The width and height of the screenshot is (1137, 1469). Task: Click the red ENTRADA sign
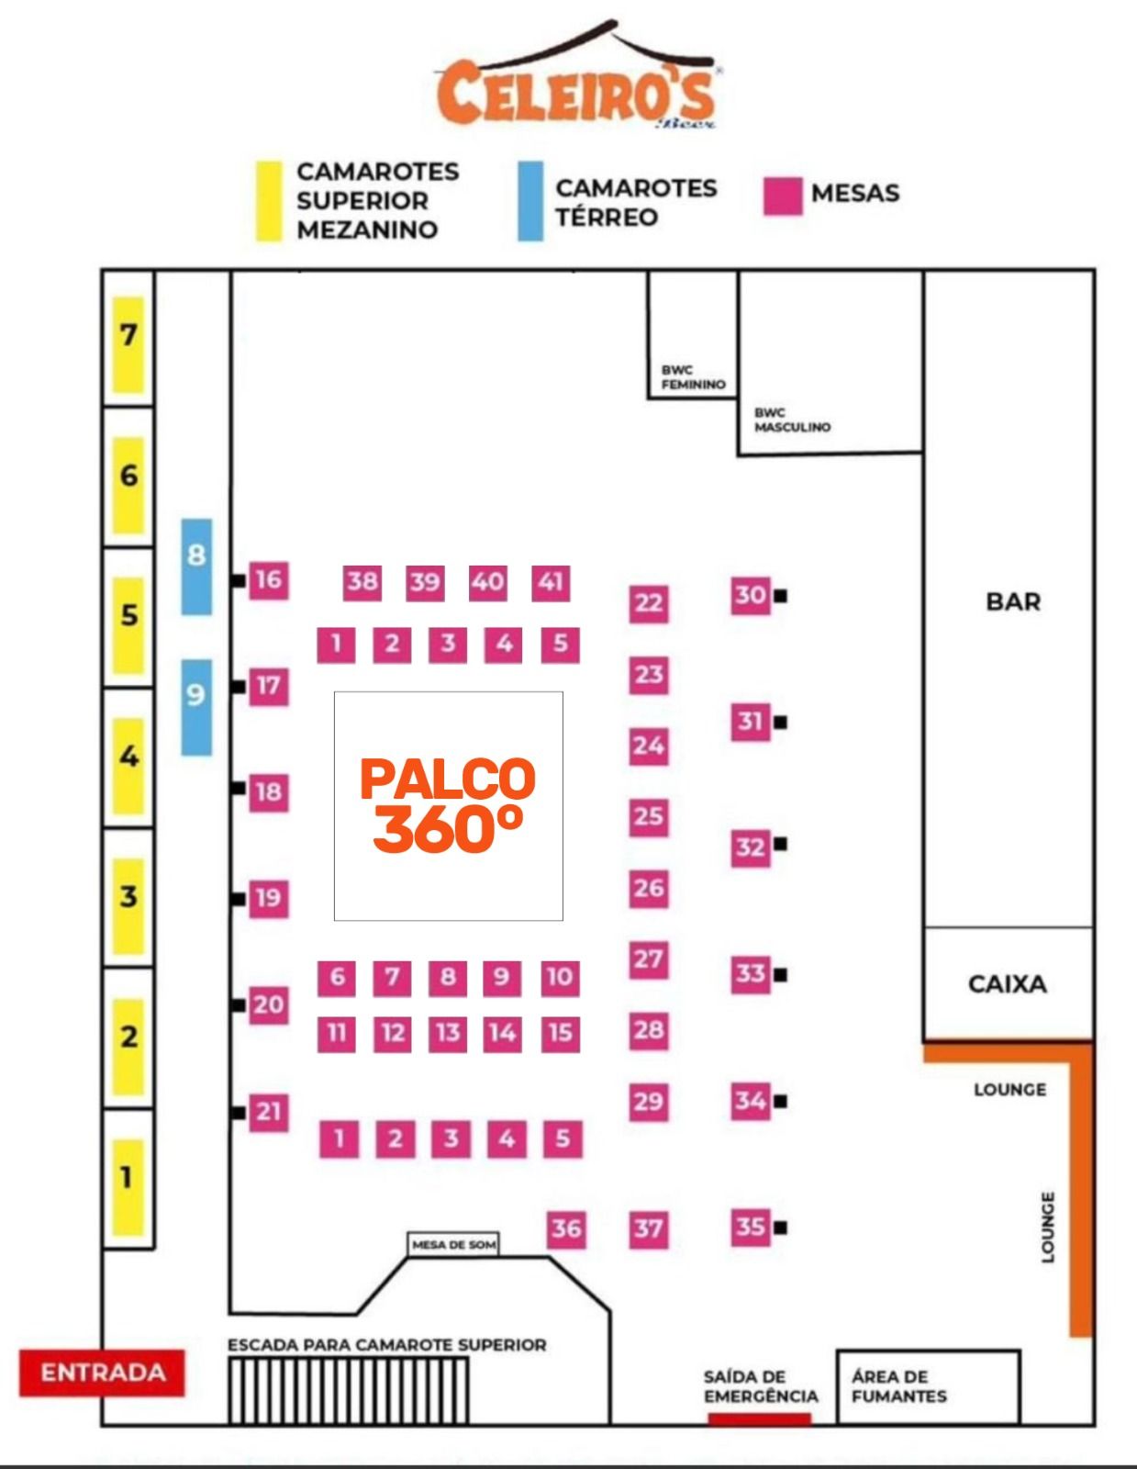tap(102, 1373)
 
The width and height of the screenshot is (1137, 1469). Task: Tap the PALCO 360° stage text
tap(448, 805)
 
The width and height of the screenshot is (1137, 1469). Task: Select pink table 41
tap(551, 582)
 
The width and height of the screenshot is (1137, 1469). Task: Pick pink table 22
tap(648, 603)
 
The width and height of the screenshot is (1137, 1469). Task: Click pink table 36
tap(565, 1228)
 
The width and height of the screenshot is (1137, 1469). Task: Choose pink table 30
tap(750, 595)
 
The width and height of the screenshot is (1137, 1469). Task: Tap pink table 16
tap(268, 580)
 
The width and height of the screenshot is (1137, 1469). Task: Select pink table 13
tap(448, 1033)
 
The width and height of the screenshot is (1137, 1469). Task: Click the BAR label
tap(1013, 602)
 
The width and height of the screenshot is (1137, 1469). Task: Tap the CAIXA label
tap(1007, 984)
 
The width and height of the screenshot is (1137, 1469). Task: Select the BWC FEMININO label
tap(693, 377)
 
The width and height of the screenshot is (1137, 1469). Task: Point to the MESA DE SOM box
tap(453, 1245)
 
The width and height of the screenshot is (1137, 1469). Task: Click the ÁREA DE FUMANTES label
tap(898, 1386)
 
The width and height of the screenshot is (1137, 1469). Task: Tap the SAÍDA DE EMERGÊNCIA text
tap(760, 1386)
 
